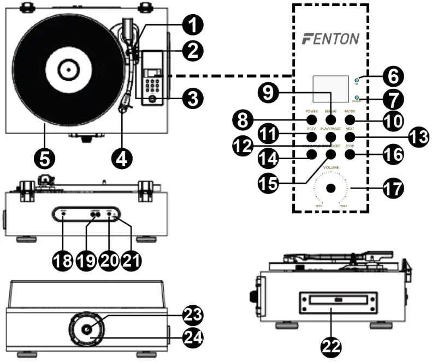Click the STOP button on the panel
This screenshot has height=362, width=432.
click(x=350, y=155)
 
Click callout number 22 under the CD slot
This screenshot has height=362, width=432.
click(x=331, y=345)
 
